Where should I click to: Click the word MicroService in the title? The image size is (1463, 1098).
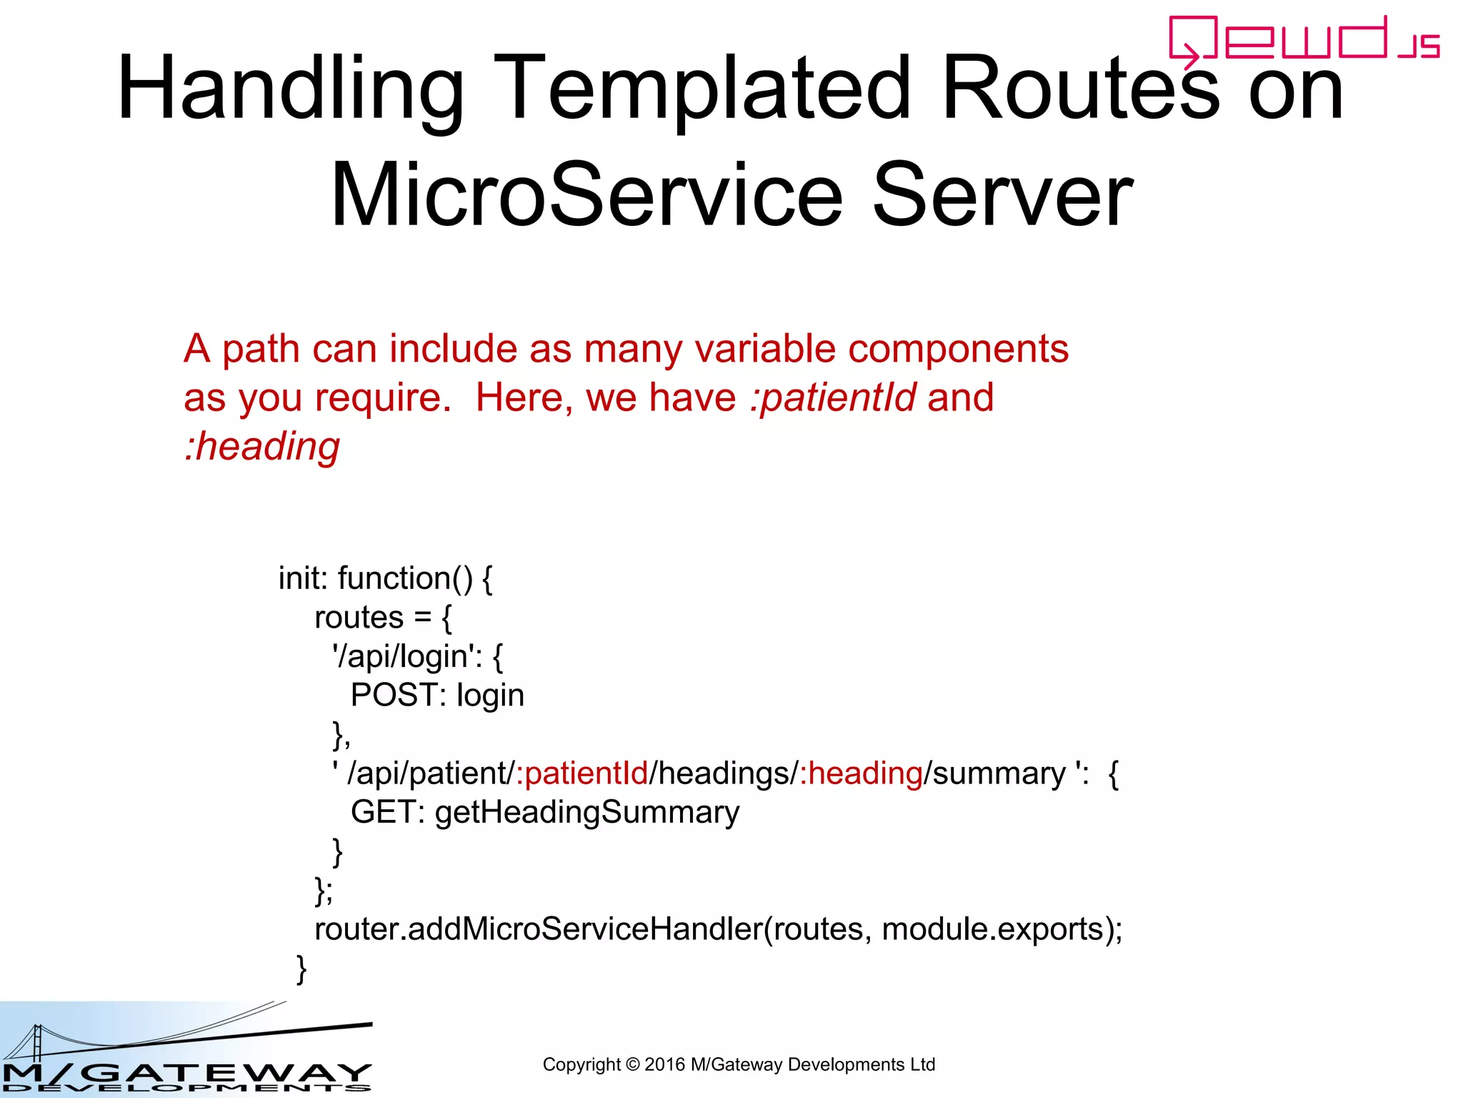pos(586,195)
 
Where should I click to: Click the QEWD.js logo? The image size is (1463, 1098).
pos(1304,39)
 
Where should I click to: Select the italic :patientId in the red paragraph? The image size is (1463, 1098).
pos(833,397)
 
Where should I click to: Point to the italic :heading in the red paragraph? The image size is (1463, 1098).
pos(262,447)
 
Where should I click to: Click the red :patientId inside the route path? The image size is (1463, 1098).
pos(581,773)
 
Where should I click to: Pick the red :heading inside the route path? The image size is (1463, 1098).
pos(861,773)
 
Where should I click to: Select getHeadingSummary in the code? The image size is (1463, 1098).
pos(586,813)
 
